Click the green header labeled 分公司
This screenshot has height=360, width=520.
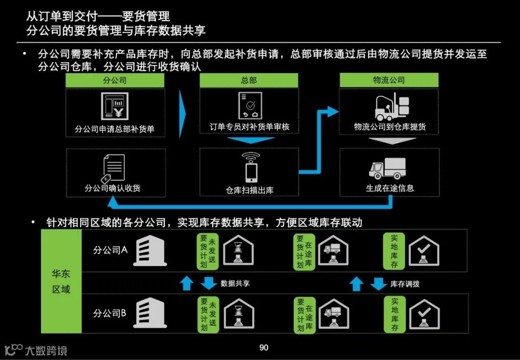coord(115,80)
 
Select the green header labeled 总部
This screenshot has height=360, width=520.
coord(248,80)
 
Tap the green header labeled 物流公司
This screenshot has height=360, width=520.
coord(389,80)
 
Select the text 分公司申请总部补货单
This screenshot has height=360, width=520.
coord(115,129)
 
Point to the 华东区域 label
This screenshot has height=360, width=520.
coord(61,282)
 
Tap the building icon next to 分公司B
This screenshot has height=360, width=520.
coord(149,313)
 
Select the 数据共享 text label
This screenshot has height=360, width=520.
coord(235,283)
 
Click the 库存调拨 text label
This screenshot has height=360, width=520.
coord(405,284)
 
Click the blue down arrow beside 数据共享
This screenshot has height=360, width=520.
coord(208,283)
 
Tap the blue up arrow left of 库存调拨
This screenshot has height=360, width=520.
coord(356,284)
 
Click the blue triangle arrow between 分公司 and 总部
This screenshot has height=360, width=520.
coord(182,114)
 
